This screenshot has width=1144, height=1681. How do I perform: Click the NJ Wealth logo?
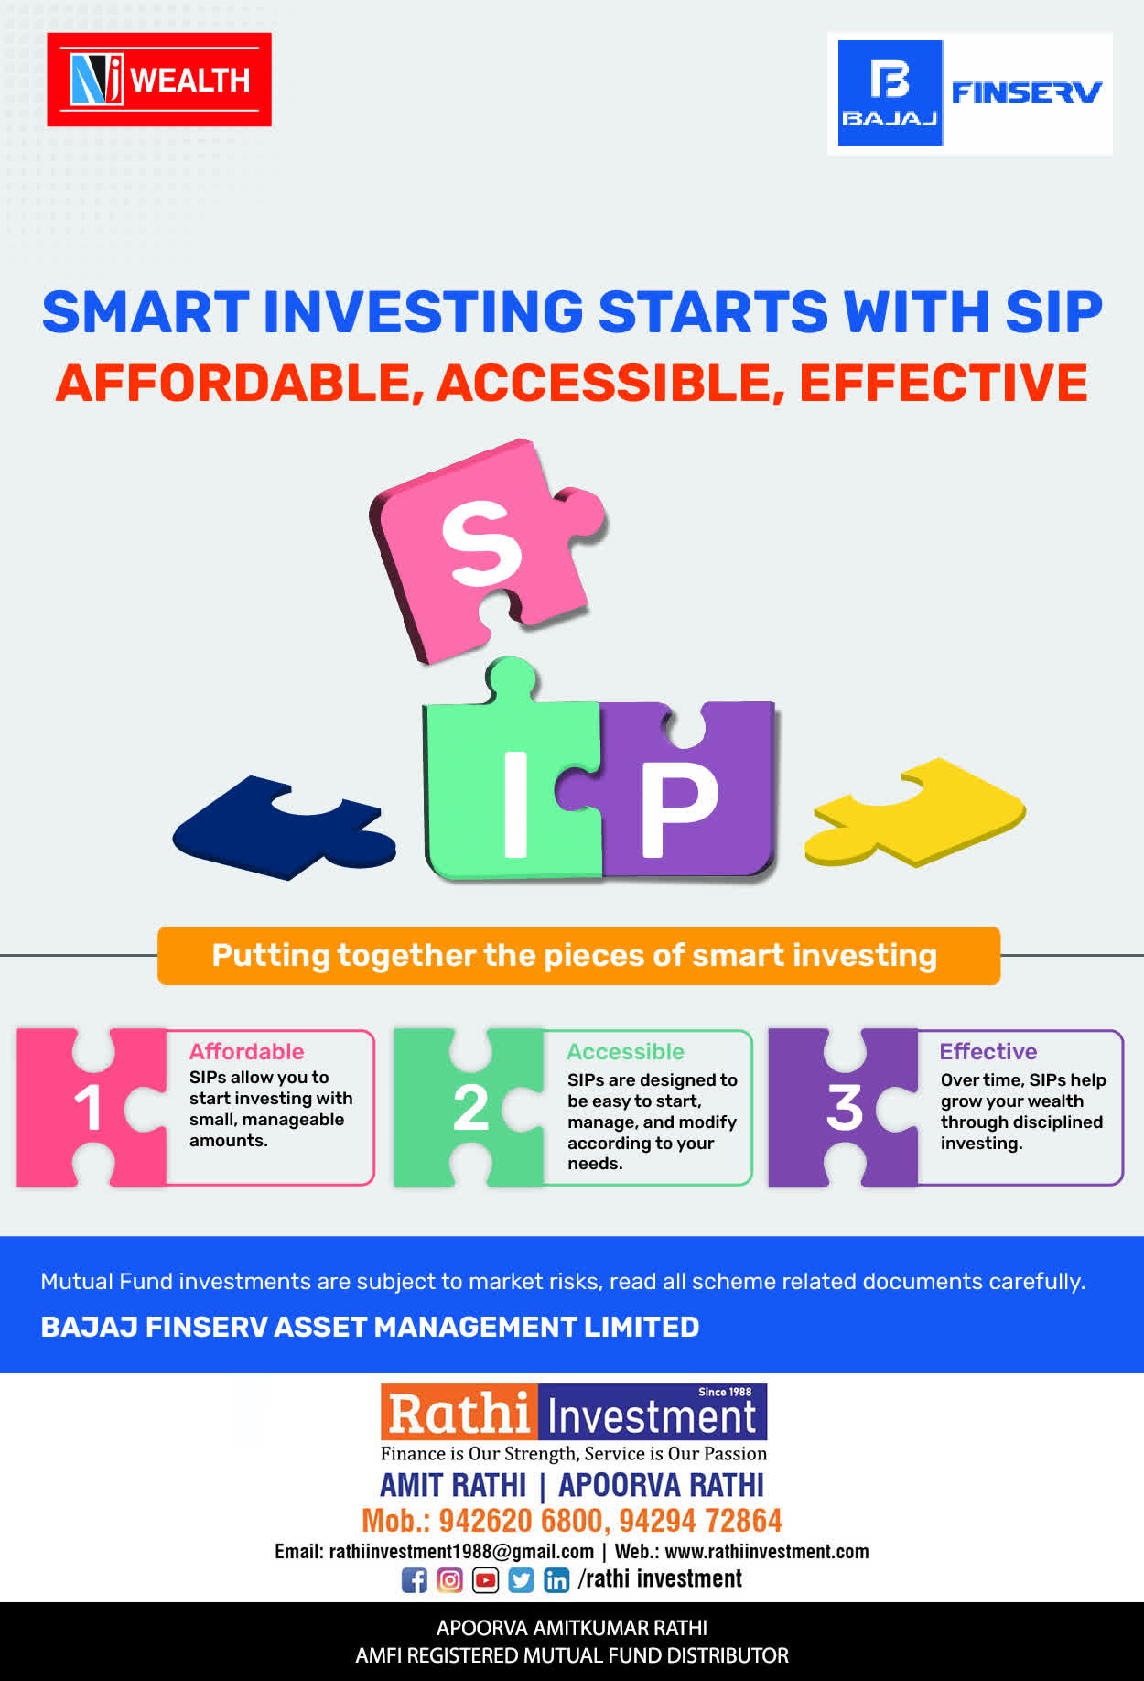pyautogui.click(x=159, y=80)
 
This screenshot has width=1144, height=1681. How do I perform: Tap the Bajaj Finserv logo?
pyautogui.click(x=970, y=93)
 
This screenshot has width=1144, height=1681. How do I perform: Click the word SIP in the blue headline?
pyautogui.click(x=1054, y=312)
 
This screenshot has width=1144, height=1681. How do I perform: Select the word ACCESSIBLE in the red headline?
pyautogui.click(x=610, y=383)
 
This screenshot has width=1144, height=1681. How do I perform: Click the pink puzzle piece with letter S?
pyautogui.click(x=485, y=549)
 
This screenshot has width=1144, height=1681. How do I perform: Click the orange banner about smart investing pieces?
pyautogui.click(x=578, y=956)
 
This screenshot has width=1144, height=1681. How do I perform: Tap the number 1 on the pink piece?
pyautogui.click(x=89, y=1108)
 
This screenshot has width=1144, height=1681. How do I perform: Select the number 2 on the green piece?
pyautogui.click(x=470, y=1108)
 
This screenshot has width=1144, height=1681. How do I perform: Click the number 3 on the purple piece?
pyautogui.click(x=845, y=1108)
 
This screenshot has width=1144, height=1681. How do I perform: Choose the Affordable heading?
pyautogui.click(x=246, y=1051)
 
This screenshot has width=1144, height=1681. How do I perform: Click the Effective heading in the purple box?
pyautogui.click(x=988, y=1051)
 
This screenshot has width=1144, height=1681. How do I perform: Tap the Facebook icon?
pyautogui.click(x=415, y=1580)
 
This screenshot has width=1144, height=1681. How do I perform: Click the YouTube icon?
pyautogui.click(x=485, y=1580)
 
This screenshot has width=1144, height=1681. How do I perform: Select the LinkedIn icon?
pyautogui.click(x=556, y=1580)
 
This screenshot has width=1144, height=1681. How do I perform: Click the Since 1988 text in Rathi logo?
pyautogui.click(x=725, y=1392)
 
